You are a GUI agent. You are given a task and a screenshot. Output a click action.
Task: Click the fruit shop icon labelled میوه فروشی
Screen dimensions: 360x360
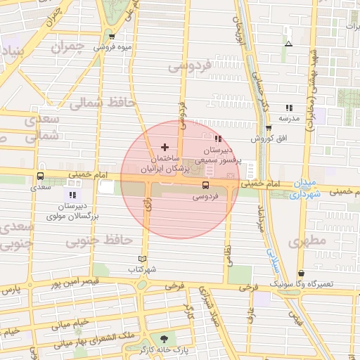pyautogui.click(x=112, y=36)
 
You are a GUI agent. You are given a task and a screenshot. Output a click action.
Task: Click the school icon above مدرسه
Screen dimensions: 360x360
pyautogui.click(x=289, y=108)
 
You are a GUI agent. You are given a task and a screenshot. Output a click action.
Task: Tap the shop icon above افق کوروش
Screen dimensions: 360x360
pyautogui.click(x=269, y=128)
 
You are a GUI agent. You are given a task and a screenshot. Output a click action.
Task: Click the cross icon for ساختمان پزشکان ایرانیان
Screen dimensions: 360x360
pyautogui.click(x=165, y=147)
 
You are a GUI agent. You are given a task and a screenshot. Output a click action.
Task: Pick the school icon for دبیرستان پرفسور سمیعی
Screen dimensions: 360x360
pyautogui.click(x=217, y=139)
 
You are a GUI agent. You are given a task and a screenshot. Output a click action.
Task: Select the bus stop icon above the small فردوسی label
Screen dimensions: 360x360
pyautogui.click(x=205, y=186)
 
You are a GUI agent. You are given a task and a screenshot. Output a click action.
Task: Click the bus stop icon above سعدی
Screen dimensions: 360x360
pyautogui.click(x=40, y=176)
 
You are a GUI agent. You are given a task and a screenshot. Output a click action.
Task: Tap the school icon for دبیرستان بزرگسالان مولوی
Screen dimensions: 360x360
pyautogui.click(x=72, y=194)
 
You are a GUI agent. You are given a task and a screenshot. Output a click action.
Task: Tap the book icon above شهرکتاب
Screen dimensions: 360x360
pyautogui.click(x=143, y=259)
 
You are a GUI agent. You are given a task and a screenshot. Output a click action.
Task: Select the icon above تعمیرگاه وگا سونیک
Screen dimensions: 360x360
pyautogui.click(x=302, y=273)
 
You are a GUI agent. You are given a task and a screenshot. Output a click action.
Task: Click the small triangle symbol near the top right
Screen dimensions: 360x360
pyautogui.click(x=288, y=44)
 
